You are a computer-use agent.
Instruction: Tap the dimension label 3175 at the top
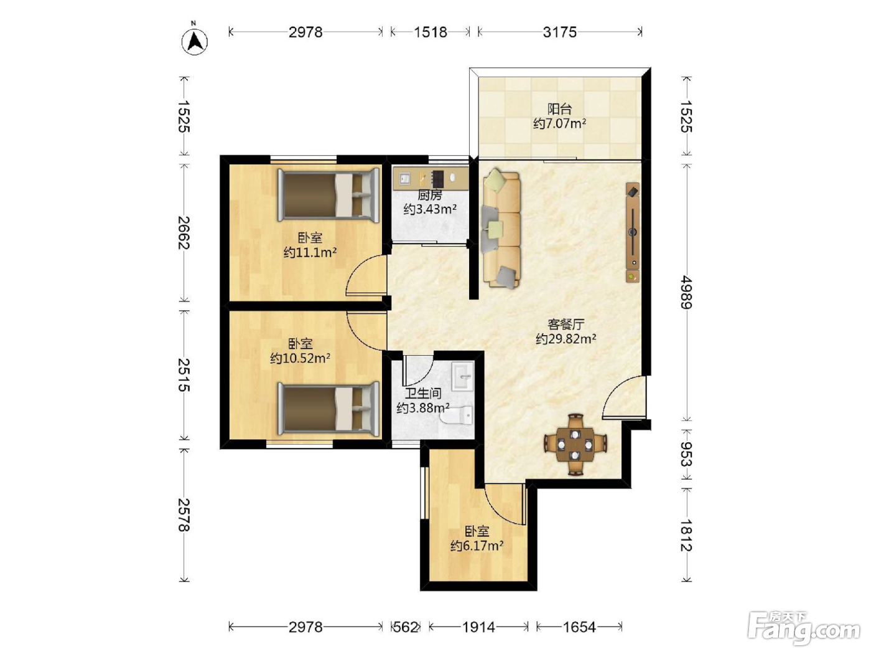(559, 32)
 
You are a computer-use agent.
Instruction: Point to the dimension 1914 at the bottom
(479, 627)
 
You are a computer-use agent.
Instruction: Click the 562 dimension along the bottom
(406, 627)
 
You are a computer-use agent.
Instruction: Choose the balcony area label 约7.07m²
(559, 123)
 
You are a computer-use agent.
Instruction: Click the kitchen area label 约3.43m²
(430, 209)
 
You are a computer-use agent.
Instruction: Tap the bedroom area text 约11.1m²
(310, 252)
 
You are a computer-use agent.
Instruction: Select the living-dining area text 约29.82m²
(566, 339)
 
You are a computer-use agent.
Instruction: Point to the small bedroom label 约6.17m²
(477, 546)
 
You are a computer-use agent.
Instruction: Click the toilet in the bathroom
(457, 415)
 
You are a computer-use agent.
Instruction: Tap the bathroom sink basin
(463, 376)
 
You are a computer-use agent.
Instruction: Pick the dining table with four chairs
(575, 444)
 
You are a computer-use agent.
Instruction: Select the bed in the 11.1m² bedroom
(328, 196)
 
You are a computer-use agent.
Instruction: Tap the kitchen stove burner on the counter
(438, 179)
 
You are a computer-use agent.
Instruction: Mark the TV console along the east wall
(633, 232)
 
